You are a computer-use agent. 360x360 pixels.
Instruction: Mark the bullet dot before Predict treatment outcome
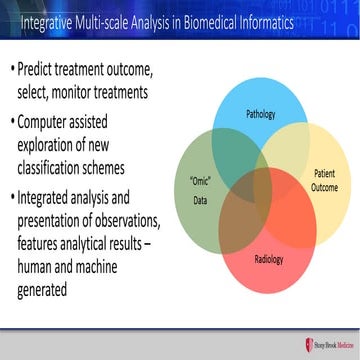pos(14,72)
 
